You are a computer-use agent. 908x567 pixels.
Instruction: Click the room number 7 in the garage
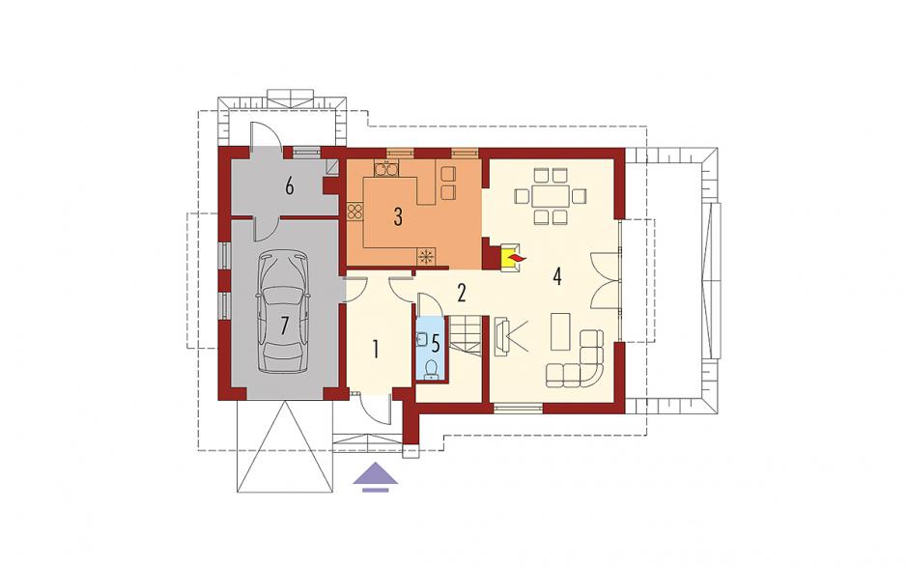tap(284, 326)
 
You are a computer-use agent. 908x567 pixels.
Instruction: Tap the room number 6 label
tap(290, 186)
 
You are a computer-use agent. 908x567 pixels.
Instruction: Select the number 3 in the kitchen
tap(398, 216)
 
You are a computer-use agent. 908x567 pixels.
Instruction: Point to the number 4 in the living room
tap(557, 276)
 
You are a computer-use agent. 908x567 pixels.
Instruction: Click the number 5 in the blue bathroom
tap(436, 342)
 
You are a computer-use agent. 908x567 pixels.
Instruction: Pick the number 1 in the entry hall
tap(376, 350)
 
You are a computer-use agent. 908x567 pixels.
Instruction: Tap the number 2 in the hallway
tap(462, 293)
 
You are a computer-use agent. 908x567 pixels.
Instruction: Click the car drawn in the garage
tap(283, 312)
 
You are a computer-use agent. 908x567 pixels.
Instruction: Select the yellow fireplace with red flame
tap(511, 256)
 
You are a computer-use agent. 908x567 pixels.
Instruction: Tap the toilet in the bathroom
tap(431, 370)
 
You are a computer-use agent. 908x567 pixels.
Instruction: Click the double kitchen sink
tap(386, 169)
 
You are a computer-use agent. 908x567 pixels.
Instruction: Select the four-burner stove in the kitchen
tap(355, 211)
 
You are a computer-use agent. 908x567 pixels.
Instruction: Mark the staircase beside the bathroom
tap(467, 333)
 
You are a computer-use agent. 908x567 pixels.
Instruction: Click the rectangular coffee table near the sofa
tap(560, 331)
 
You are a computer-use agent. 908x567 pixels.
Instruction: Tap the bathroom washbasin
tap(421, 339)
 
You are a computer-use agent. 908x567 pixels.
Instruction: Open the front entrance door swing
tap(375, 409)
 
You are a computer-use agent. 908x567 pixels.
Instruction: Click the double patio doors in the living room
tap(605, 280)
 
